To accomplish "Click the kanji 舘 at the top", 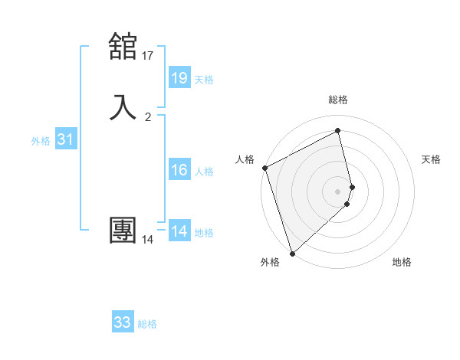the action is pos(123,47).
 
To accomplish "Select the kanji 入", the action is pos(123,106).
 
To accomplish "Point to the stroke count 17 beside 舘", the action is pos(148,55).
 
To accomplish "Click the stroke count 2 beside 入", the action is pos(148,117).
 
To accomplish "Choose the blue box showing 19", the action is pos(179,77).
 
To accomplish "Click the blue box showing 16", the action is pos(179,170).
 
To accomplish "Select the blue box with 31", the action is pos(65,139).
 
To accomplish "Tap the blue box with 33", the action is pos(123,322).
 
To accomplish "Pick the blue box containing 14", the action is pos(179,231).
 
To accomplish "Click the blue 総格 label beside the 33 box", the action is pos(147,324).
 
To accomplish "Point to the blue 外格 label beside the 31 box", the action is pos(40,141).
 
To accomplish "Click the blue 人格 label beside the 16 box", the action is pos(204,172).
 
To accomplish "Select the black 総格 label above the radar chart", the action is pos(338,100).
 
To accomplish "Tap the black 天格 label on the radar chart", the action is pos(432,159).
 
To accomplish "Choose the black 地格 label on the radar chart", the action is pos(402,262).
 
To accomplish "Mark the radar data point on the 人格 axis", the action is pos(264,168).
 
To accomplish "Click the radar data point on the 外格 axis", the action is pos(292,253).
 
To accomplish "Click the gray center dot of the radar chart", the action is pos(338,191).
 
